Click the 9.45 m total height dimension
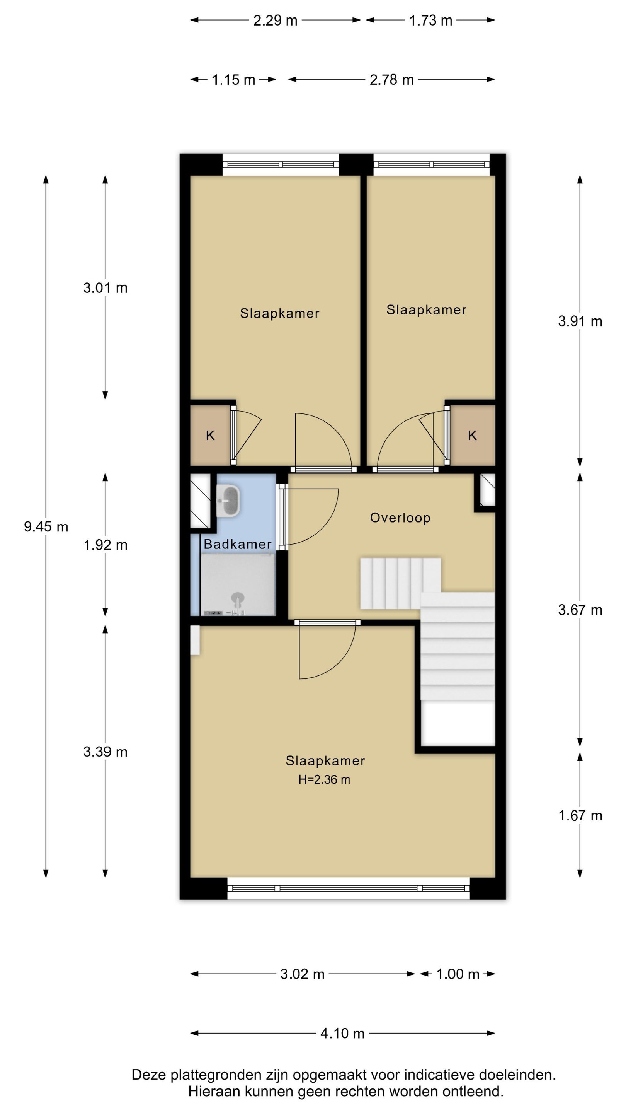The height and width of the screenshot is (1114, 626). click(46, 527)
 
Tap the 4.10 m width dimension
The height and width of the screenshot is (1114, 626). click(342, 1033)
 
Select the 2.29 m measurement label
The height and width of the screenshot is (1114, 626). click(275, 21)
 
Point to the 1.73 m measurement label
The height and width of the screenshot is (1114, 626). click(430, 21)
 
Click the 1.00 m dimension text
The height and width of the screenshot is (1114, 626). click(458, 974)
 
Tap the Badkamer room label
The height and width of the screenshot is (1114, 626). click(238, 544)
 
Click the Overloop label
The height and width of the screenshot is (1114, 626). click(400, 518)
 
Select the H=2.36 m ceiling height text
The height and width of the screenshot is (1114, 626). click(324, 779)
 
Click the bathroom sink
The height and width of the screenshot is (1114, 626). click(228, 501)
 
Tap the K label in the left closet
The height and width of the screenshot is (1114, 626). click(210, 436)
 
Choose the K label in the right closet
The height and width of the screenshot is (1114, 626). click(472, 436)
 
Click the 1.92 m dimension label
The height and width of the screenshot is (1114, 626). click(105, 545)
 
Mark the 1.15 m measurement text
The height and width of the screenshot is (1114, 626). click(233, 80)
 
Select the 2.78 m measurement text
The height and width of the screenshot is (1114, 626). click(391, 80)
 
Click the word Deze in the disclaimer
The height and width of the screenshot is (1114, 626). click(148, 1075)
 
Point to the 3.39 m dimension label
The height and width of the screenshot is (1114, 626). click(105, 752)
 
